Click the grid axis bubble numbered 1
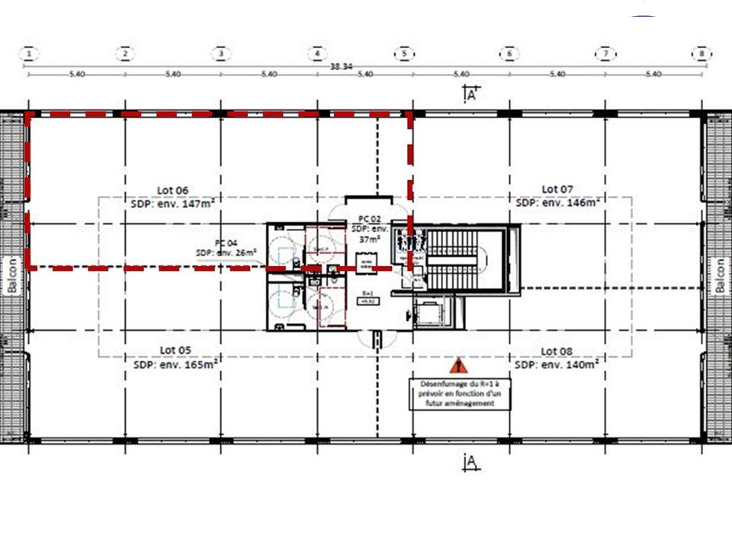point(29,53)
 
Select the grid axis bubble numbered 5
point(404,53)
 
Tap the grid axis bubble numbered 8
point(701,53)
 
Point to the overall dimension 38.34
point(340,66)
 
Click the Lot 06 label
point(174,191)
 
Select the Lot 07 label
point(557,189)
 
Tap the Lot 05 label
point(175,351)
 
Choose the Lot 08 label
point(557,351)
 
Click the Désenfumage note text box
point(457,393)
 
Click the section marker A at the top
point(470,95)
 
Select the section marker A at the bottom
point(470,461)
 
